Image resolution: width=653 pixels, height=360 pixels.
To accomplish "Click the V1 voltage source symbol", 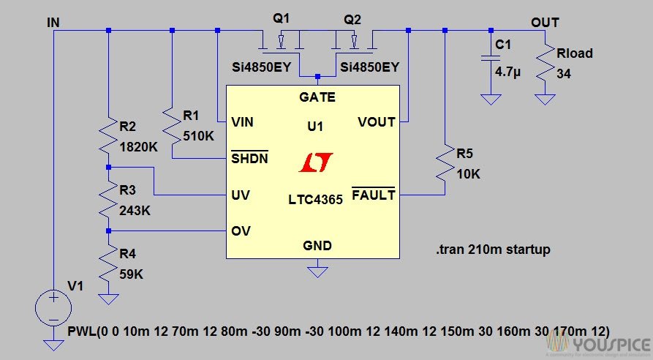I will coord(54,307).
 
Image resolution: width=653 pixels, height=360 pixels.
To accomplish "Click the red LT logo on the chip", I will coord(316,163).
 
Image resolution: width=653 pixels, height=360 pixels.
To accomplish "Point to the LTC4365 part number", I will coord(315,198).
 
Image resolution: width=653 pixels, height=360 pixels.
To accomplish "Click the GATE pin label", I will coord(317,97).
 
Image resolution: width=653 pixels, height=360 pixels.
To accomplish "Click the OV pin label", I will coord(241,231).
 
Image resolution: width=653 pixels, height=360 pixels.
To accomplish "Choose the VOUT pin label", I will coord(377,121).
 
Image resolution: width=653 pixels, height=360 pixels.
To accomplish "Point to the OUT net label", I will coord(545,22).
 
